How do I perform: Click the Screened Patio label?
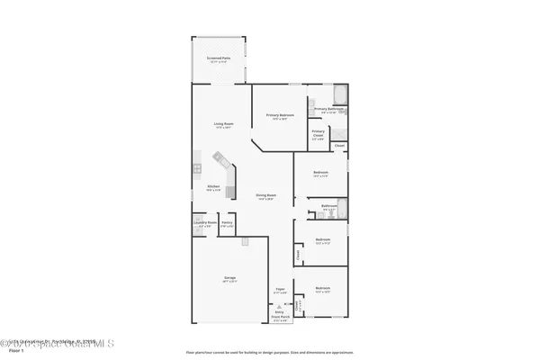(220, 58)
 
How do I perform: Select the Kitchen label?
(214, 186)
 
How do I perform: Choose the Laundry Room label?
(204, 223)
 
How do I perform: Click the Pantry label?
(228, 223)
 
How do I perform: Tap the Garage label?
(229, 279)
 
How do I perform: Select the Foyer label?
(280, 289)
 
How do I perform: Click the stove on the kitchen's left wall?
(195, 167)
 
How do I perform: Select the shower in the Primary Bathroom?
(311, 104)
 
